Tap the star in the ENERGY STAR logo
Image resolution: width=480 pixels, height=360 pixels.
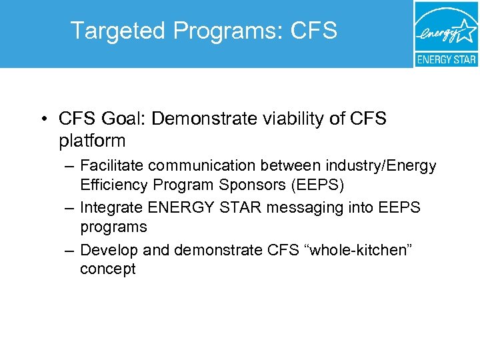coord(465,31)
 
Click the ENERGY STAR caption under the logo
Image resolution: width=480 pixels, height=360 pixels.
coord(446,59)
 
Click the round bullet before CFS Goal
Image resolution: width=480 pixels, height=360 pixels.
coord(42,120)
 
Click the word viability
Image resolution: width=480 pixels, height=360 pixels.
coord(295,119)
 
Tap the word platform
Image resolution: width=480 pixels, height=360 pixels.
coord(92,141)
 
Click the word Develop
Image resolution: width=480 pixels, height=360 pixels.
coord(107,250)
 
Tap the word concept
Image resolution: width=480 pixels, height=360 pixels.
coord(107,269)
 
